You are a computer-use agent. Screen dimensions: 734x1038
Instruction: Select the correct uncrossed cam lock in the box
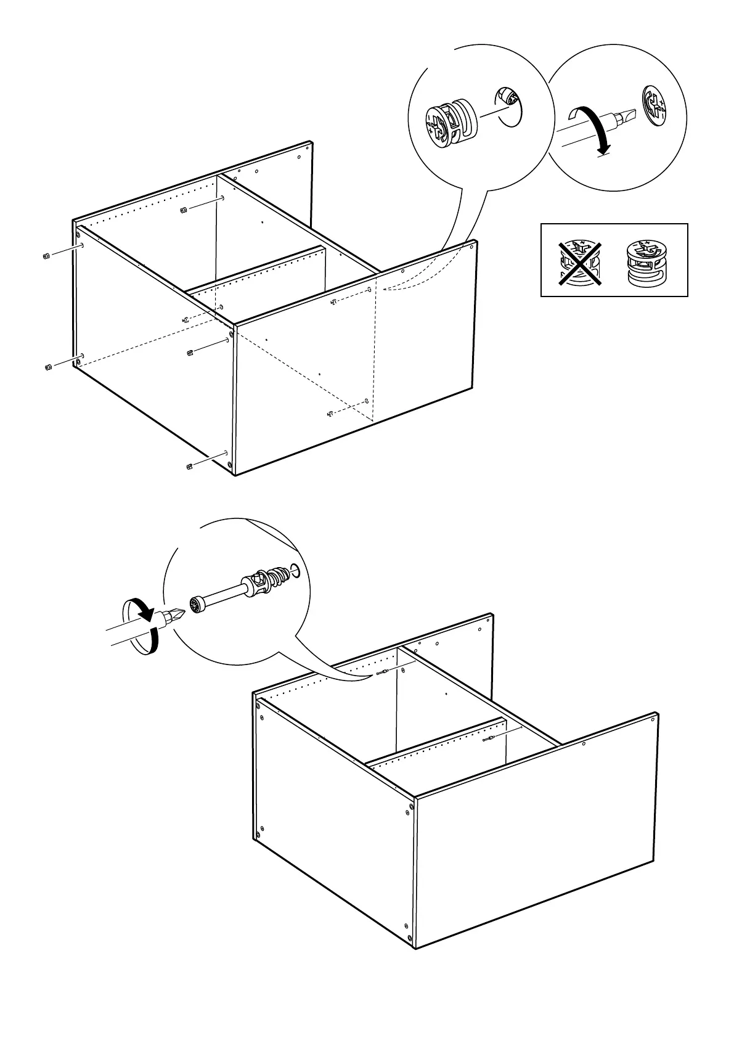[646, 262]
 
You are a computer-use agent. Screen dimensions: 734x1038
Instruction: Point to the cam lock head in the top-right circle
[654, 106]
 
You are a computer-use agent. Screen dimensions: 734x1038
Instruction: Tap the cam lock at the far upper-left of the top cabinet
[46, 256]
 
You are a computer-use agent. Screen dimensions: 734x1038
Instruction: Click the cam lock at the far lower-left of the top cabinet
[47, 368]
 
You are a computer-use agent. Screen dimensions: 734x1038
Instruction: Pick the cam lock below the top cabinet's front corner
[190, 465]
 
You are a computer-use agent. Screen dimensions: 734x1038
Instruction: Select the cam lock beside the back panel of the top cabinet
[183, 211]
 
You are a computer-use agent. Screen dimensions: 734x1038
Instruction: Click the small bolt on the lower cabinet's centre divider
[489, 738]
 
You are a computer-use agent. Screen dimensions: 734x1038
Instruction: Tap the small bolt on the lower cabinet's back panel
[381, 672]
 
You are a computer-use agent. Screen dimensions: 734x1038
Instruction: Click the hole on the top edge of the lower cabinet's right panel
[583, 744]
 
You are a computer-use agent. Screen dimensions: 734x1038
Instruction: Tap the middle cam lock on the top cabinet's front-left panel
[190, 352]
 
